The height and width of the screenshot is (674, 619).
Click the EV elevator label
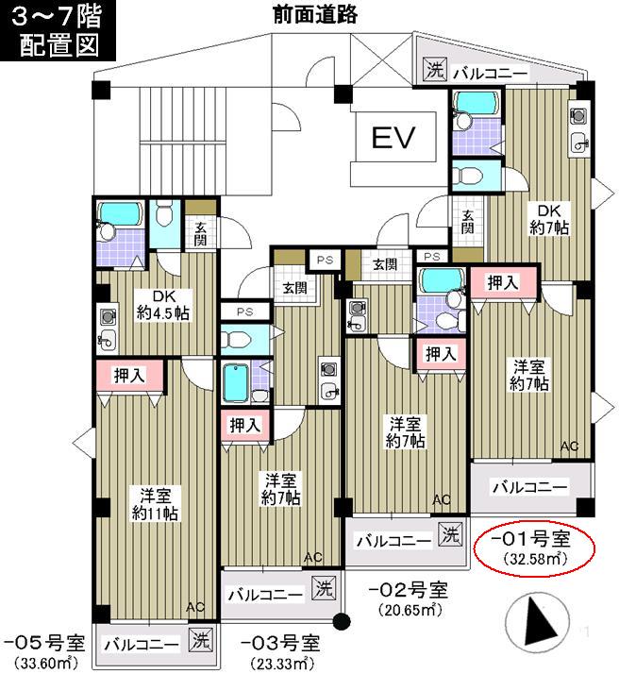coord(394,139)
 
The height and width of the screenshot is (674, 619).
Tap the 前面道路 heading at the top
coord(314,14)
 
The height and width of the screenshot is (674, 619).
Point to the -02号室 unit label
coord(408,590)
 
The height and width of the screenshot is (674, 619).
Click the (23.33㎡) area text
coord(280,663)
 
